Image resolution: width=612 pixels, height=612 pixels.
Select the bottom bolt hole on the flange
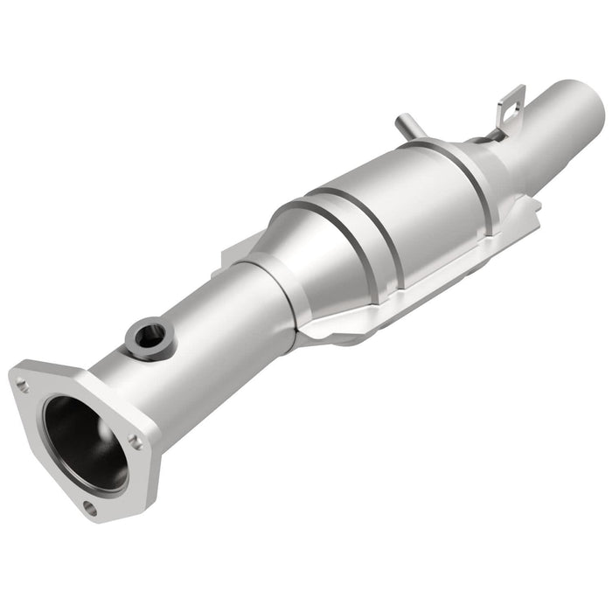[x=91, y=506]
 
